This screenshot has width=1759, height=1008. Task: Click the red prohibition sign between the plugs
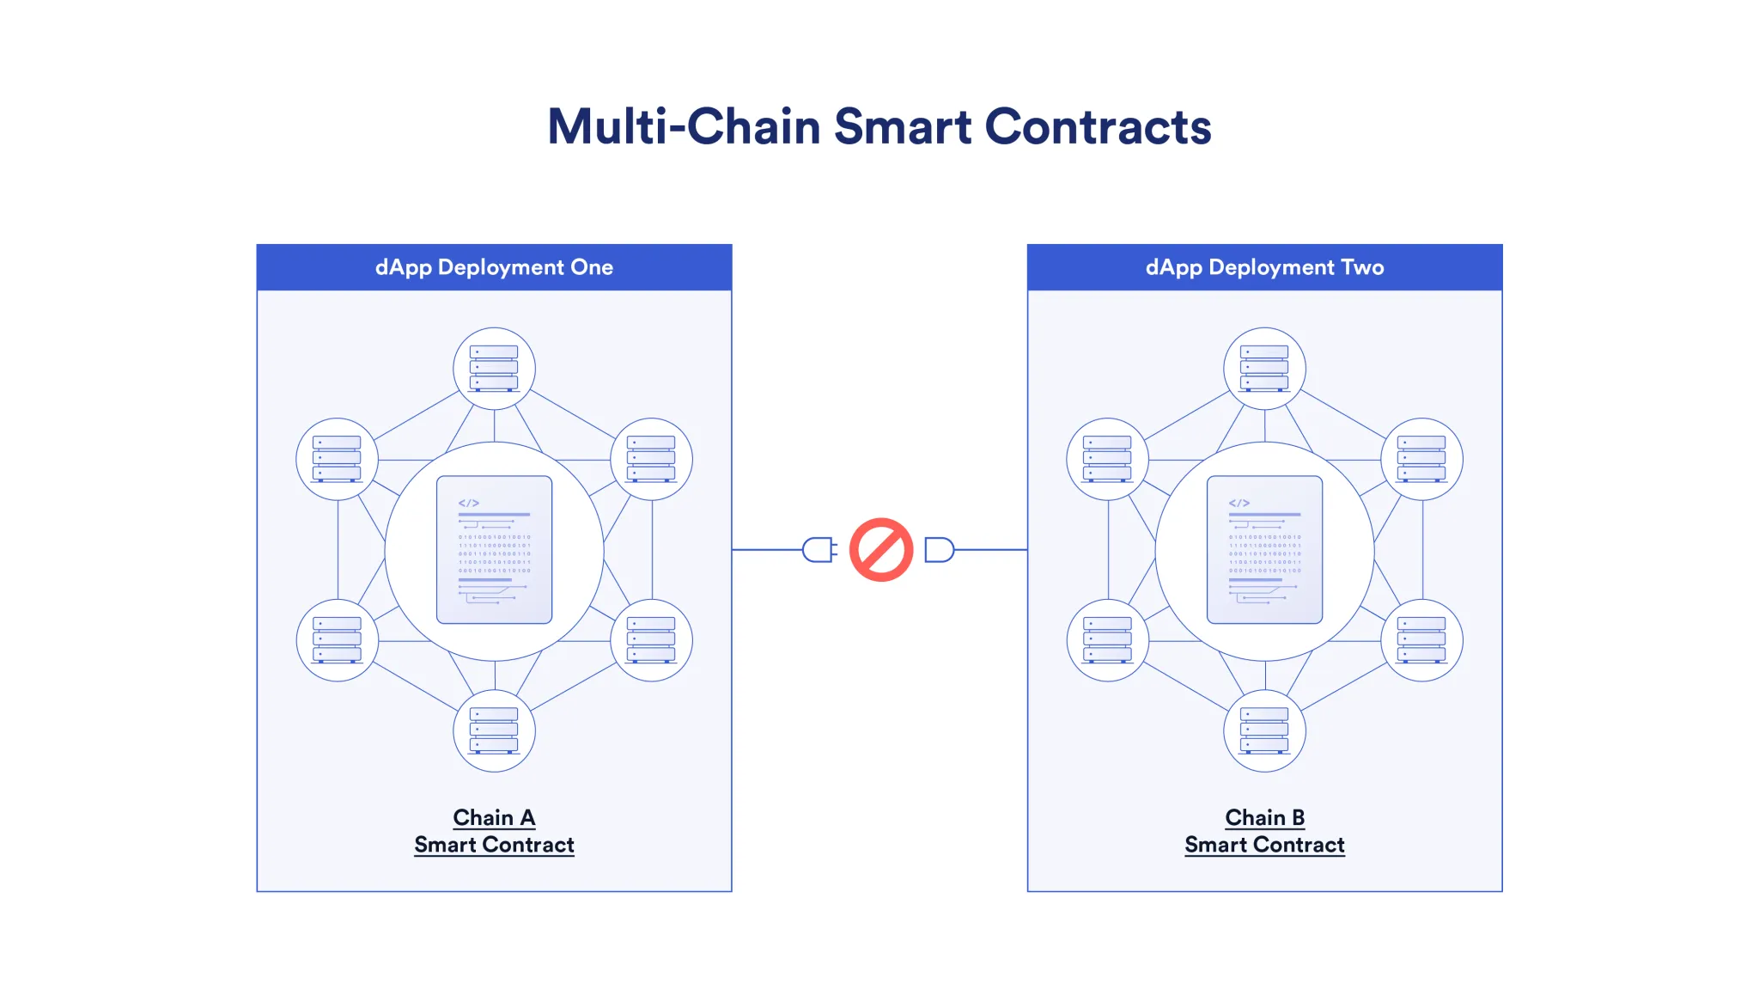pos(880,550)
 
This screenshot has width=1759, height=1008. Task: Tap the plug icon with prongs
pos(819,550)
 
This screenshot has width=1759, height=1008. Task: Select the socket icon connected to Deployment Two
pos(939,550)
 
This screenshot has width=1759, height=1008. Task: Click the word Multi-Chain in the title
pos(684,127)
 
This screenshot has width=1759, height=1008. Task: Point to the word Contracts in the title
pos(1098,127)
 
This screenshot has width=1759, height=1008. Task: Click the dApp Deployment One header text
pos(494,267)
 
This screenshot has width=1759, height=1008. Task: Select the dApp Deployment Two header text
pos(1264,267)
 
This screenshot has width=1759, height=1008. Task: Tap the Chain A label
pos(494,817)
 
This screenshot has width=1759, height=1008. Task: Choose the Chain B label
pos(1264,817)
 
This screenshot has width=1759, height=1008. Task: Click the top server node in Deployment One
pos(494,369)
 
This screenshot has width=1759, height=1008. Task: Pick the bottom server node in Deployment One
pos(494,730)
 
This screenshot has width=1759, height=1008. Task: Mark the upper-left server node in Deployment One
pos(337,459)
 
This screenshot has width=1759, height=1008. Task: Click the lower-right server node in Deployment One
pos(651,640)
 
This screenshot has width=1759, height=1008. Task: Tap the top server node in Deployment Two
pos(1264,369)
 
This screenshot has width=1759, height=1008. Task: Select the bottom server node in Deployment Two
pos(1264,730)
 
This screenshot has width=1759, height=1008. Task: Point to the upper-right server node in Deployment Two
pos(1421,459)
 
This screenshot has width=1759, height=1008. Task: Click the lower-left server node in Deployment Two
pos(1107,640)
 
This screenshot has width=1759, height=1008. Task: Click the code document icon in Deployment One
pos(494,550)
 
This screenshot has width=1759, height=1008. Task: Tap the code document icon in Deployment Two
pos(1264,550)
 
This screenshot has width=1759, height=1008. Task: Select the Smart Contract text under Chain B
pos(1264,846)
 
